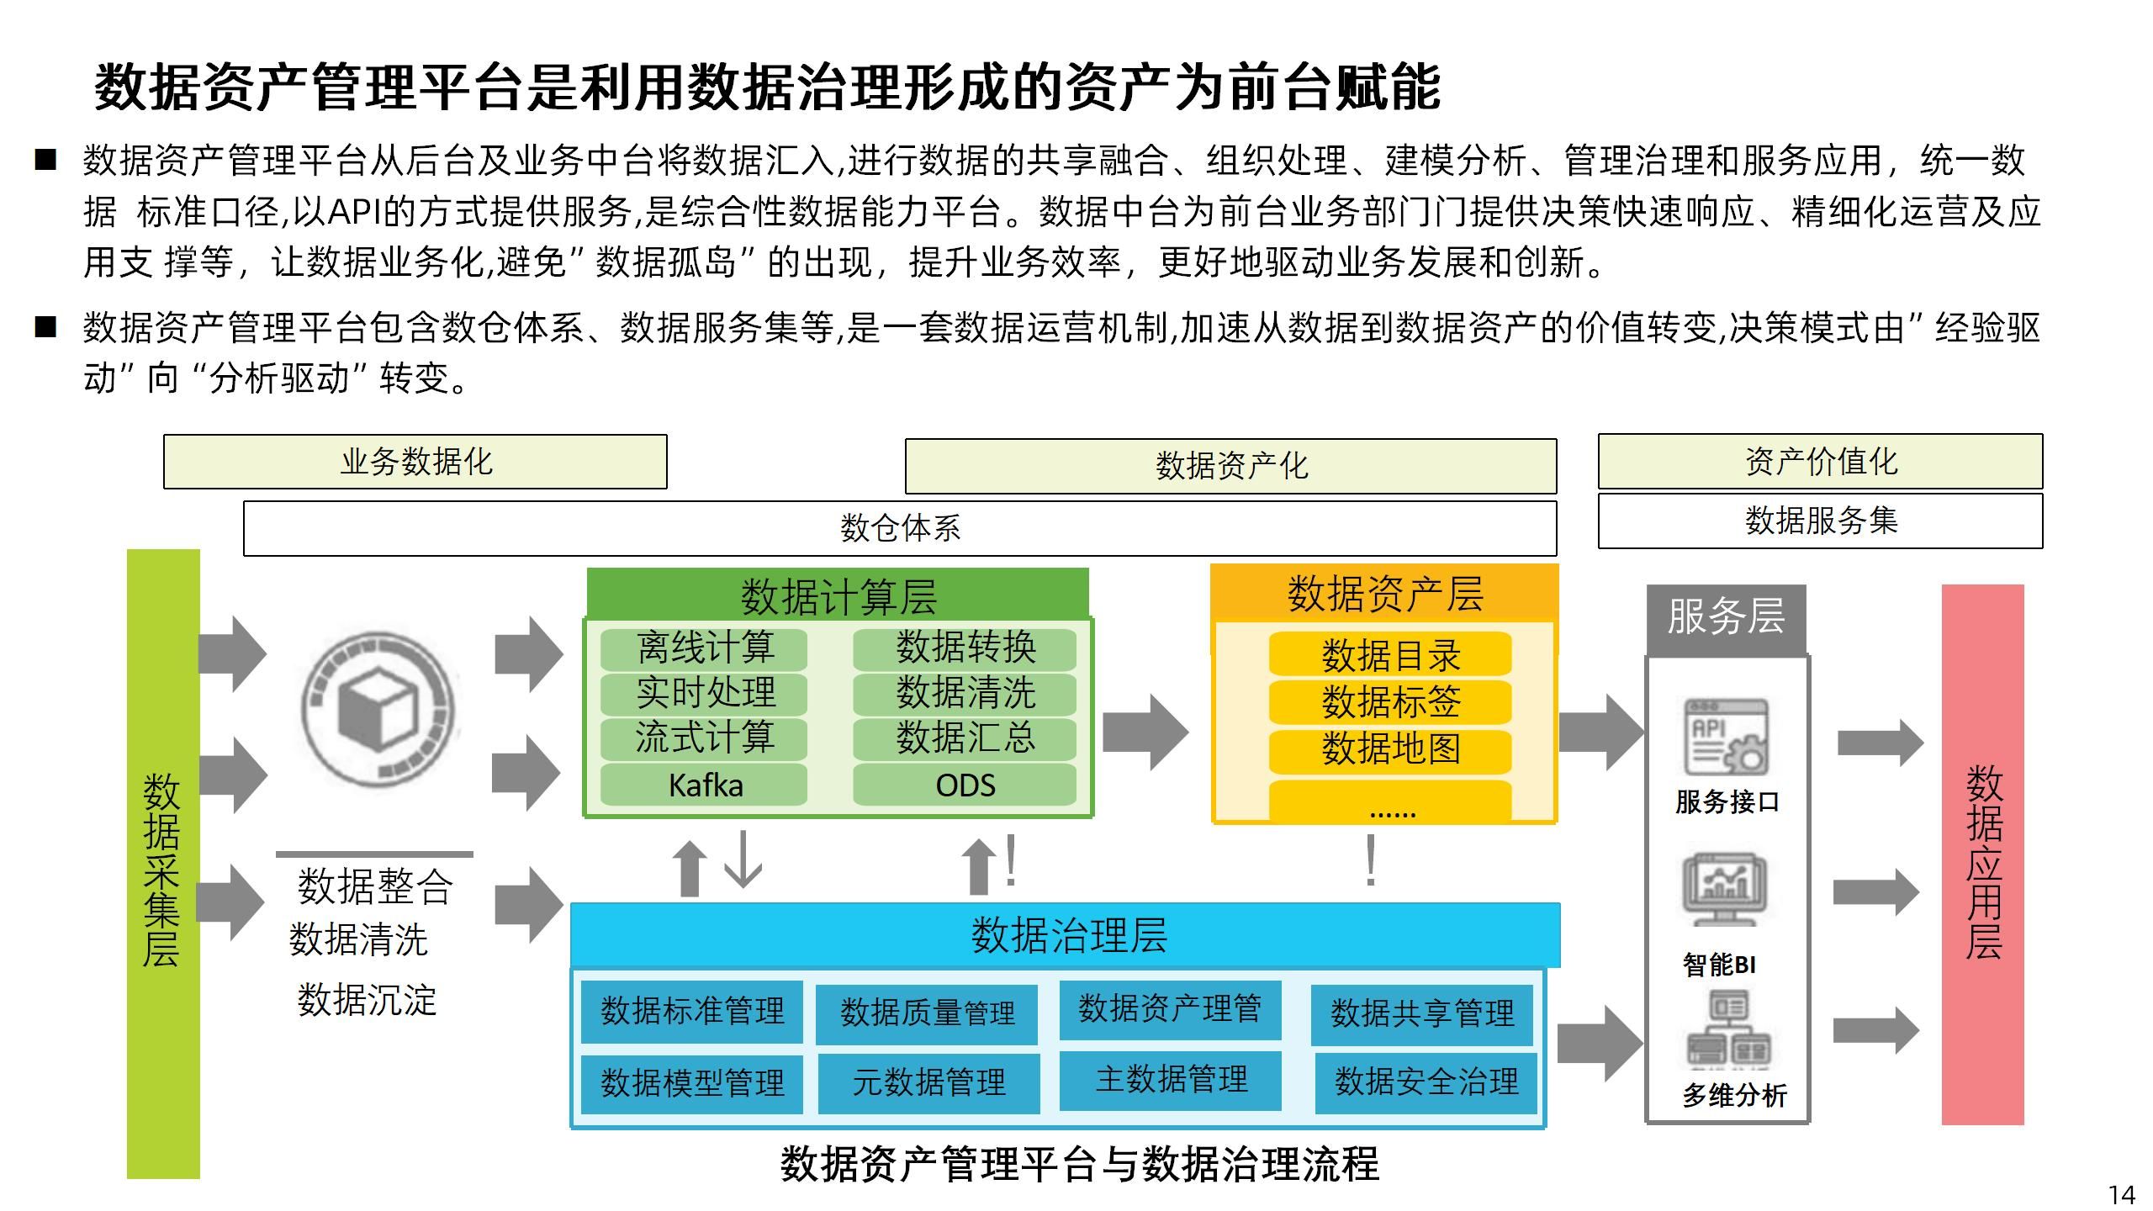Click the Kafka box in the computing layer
coord(704,785)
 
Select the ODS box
coord(965,785)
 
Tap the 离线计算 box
coord(704,648)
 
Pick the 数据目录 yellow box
coord(1390,655)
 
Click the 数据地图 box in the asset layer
coord(1390,749)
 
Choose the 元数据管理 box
coord(928,1082)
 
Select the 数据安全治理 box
coord(1426,1082)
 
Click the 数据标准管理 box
coord(692,1011)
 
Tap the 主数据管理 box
coord(1171,1080)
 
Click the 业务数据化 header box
coord(415,462)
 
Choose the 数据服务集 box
coord(1820,521)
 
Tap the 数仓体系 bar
coord(900,528)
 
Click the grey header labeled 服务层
coord(1726,618)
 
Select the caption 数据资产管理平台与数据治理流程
coord(1080,1165)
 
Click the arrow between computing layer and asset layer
coord(1145,732)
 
